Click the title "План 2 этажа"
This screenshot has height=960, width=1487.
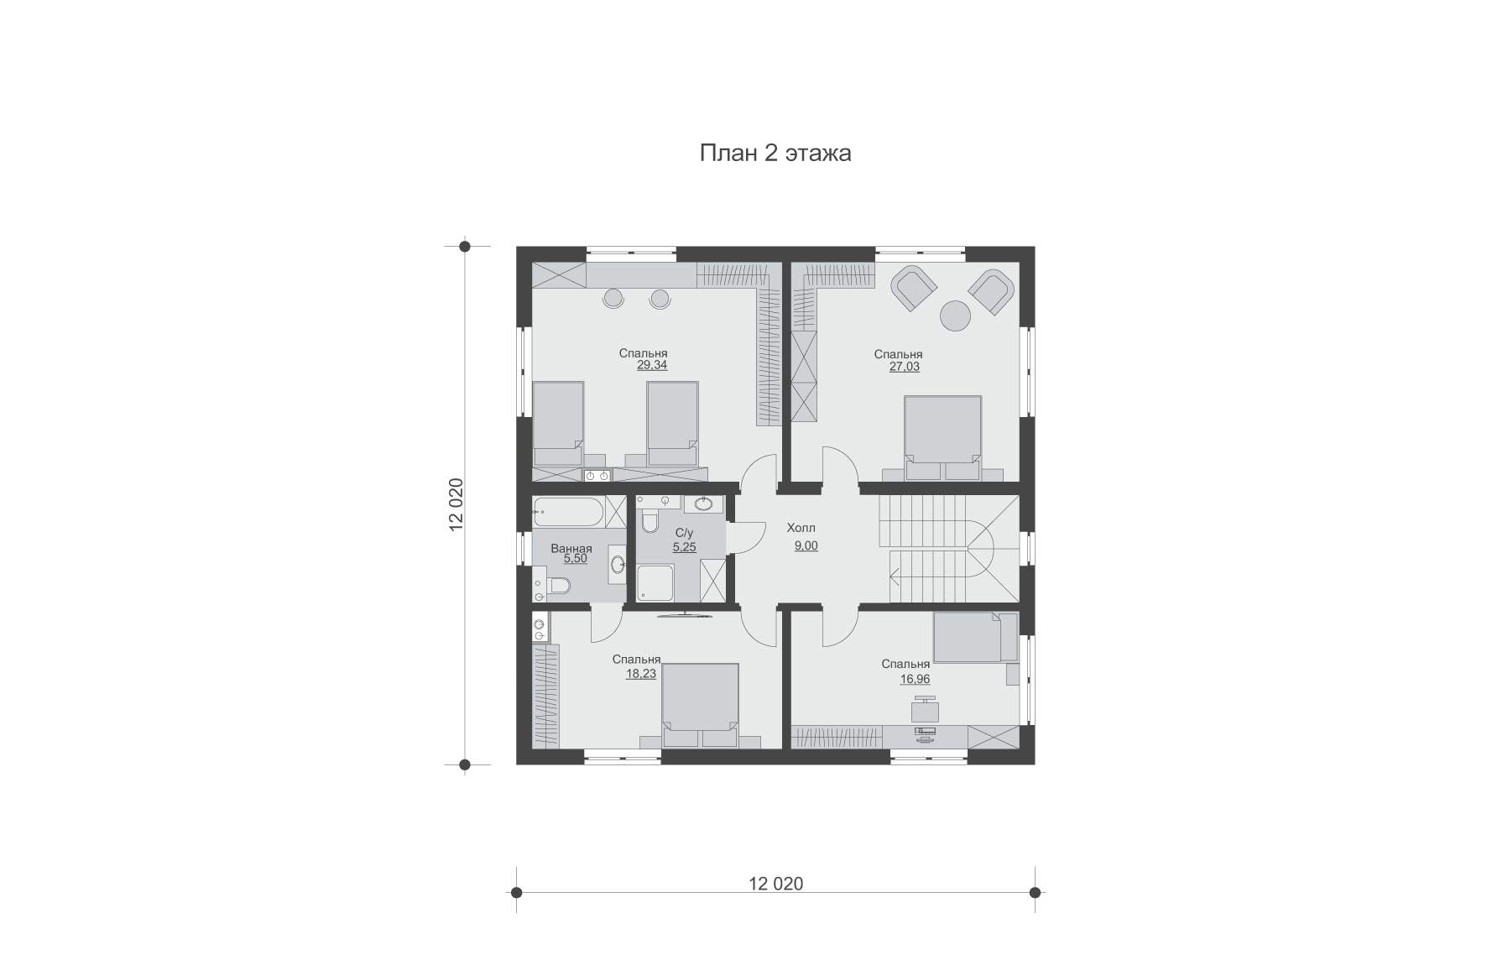point(775,153)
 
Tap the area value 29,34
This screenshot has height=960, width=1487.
point(652,366)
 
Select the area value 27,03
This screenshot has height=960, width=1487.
point(905,367)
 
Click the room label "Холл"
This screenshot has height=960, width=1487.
point(801,529)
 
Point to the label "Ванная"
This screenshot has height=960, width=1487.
point(571,549)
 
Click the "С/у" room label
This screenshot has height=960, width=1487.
point(684,534)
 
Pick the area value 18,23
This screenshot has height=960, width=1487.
point(641,673)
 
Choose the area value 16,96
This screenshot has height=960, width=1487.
point(915,680)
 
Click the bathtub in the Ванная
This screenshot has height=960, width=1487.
point(568,512)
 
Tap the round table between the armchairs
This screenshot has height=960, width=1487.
point(955,316)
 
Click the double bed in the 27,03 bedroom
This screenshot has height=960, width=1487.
point(942,437)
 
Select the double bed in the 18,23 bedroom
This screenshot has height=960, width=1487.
point(700,706)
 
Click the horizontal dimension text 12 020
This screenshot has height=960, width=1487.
point(775,884)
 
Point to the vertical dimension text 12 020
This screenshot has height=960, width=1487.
point(456,505)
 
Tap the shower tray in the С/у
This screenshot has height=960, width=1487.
point(655,582)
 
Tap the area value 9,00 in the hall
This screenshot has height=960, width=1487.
point(806,546)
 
